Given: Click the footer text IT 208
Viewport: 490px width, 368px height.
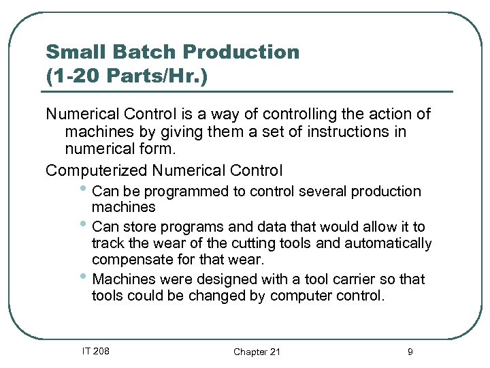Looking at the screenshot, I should [96, 351].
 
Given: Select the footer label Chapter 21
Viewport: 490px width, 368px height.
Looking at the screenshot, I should [257, 352].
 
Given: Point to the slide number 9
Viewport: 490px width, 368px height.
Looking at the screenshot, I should [410, 352].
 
